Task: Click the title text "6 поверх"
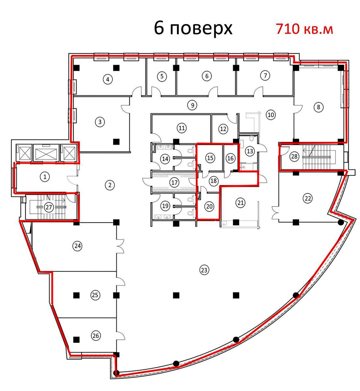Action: [x=193, y=29]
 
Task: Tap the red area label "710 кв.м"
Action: [x=304, y=29]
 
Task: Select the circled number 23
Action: [x=204, y=270]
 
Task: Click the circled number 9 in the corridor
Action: [x=193, y=105]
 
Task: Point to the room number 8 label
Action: [x=319, y=107]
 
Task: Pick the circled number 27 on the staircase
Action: [x=49, y=207]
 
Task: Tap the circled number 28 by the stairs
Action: [x=294, y=156]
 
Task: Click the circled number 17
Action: [x=174, y=182]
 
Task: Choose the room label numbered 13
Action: [x=250, y=151]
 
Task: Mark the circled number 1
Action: [x=45, y=177]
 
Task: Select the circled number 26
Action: [x=96, y=336]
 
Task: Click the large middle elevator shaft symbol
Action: [x=46, y=152]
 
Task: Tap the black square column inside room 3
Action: [x=116, y=141]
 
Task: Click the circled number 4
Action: [x=108, y=79]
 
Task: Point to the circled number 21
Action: [x=240, y=203]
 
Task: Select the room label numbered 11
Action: [x=182, y=128]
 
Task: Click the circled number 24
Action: [x=78, y=246]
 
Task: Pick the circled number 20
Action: [x=209, y=206]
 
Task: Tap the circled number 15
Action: [x=210, y=158]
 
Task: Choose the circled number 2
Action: [x=110, y=185]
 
